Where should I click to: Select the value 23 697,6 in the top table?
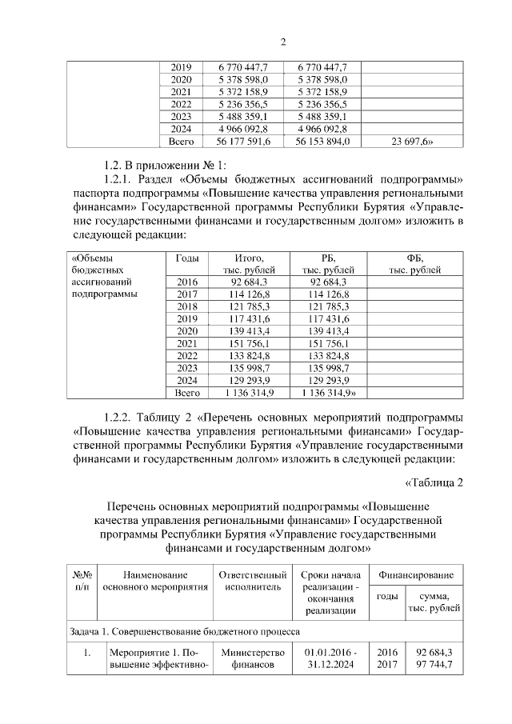[x=410, y=142]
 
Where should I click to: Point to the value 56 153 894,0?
[x=322, y=142]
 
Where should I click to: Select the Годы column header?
[x=186, y=258]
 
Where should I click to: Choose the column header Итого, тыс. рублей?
[x=249, y=264]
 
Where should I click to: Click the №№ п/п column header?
[x=83, y=582]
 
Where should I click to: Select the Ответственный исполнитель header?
[x=253, y=582]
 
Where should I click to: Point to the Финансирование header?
[x=417, y=575]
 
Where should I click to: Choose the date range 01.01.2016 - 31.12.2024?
[x=330, y=658]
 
